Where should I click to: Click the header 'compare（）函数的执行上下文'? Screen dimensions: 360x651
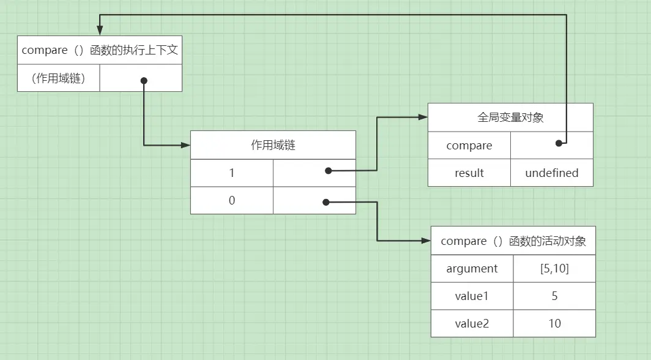tap(100, 50)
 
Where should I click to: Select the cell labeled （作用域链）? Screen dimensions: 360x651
tap(59, 78)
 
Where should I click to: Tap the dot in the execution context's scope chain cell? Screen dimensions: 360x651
tap(144, 80)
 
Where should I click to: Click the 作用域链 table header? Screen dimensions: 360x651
tap(273, 145)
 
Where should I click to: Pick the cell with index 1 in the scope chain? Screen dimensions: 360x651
tap(232, 173)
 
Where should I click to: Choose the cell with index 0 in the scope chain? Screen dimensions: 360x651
tap(232, 200)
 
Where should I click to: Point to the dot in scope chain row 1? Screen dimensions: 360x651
tap(329, 171)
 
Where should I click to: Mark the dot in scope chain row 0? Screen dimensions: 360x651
tap(325, 201)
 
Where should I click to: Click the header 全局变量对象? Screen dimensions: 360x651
tap(510, 118)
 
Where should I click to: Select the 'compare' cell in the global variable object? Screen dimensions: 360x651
tap(469, 146)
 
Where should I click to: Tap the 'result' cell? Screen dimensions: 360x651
tap(469, 173)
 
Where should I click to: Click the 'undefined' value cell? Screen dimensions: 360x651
tap(551, 173)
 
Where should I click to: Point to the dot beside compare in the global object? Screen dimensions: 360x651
tap(559, 143)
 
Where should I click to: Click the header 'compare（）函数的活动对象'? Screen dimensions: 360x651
tap(513, 241)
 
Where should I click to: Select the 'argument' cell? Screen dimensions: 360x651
tap(472, 269)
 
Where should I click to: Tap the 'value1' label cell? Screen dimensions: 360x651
tap(472, 296)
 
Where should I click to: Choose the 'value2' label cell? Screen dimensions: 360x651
tap(472, 323)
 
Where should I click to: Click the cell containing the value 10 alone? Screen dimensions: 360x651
tap(554, 323)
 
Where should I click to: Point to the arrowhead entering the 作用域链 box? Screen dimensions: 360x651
tap(185, 145)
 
